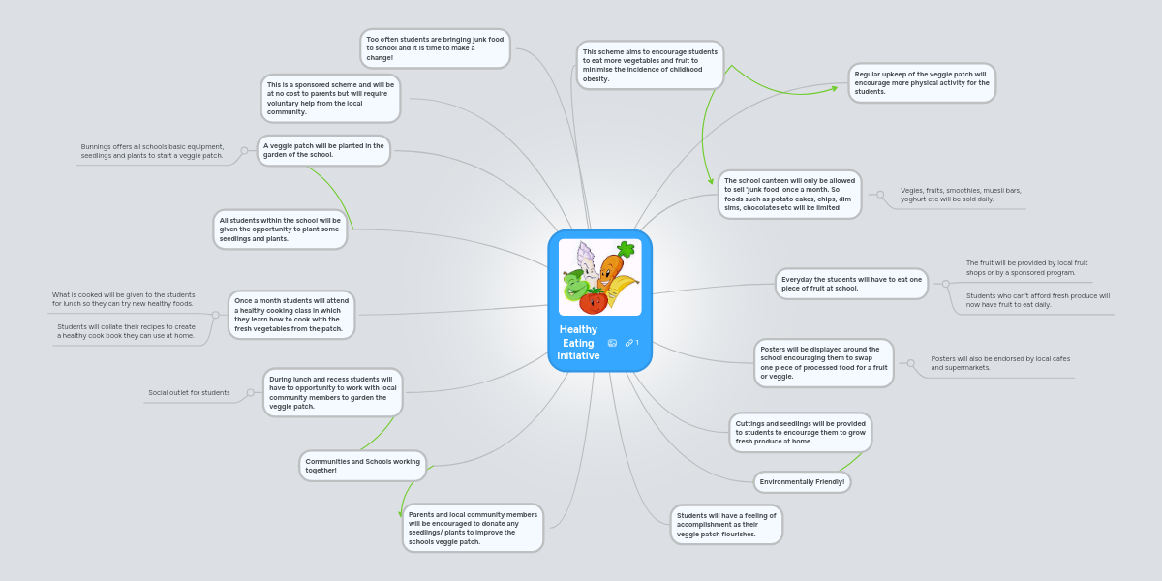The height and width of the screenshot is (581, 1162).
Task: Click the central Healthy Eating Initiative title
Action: [578, 343]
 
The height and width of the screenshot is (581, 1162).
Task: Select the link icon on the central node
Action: [629, 343]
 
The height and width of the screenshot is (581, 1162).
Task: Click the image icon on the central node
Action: [612, 343]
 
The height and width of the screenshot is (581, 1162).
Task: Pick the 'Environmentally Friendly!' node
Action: [802, 482]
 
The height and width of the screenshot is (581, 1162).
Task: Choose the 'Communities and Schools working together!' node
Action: [362, 466]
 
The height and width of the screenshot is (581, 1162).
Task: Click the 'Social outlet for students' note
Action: [189, 393]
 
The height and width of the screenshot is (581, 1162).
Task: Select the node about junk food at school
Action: [435, 48]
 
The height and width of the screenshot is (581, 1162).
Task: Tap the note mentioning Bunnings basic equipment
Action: [152, 151]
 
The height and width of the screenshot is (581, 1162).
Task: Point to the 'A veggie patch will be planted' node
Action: [323, 150]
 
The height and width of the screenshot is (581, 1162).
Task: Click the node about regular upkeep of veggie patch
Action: [921, 83]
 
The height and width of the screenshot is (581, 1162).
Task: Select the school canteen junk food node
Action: [789, 195]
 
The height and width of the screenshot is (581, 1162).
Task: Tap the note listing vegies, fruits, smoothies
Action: [961, 195]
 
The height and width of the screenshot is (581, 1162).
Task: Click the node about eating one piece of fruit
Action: [851, 284]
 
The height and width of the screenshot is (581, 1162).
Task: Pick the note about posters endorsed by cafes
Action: [1000, 363]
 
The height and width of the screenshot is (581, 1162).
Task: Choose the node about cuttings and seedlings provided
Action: [800, 432]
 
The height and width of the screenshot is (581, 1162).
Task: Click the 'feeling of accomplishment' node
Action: [725, 525]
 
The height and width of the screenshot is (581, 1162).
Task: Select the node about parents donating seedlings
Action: [473, 528]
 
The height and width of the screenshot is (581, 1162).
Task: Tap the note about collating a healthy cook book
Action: [126, 331]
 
